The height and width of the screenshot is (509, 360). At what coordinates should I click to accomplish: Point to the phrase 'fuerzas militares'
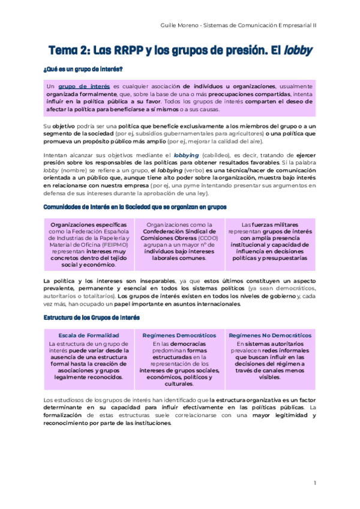tap(271, 224)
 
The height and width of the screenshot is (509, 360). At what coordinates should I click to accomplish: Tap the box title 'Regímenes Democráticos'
tap(180, 335)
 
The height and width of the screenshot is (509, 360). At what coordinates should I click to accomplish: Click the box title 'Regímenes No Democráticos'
tap(270, 335)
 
